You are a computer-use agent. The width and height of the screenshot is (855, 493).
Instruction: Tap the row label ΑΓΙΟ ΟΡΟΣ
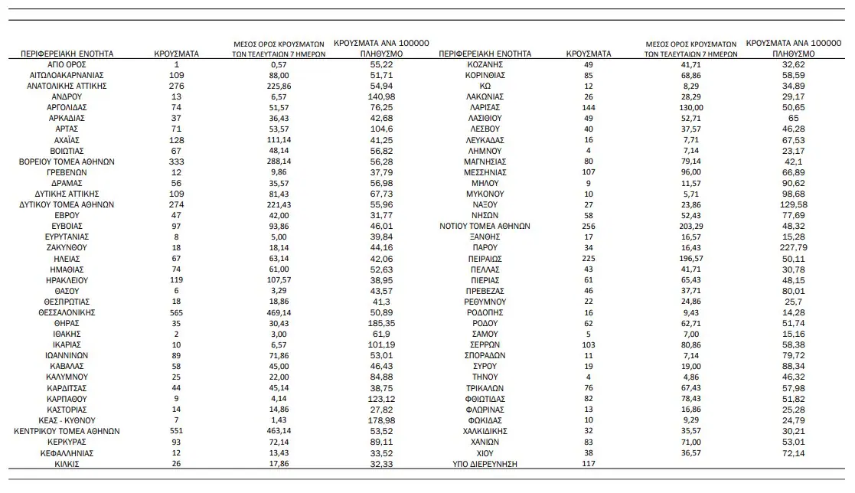(67, 65)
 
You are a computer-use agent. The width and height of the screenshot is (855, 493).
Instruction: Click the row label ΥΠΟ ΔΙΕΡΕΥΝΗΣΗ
(485, 463)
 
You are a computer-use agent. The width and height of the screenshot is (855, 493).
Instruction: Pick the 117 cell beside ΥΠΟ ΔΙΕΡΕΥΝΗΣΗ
(588, 463)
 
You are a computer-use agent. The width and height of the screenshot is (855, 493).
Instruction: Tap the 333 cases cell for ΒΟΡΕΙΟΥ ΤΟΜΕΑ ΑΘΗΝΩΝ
(177, 162)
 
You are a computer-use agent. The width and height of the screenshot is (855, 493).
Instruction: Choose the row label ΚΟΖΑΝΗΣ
(485, 65)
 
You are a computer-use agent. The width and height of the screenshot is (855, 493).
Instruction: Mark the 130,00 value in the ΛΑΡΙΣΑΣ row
(690, 108)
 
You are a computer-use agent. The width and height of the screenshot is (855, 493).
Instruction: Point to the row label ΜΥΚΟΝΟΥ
(485, 194)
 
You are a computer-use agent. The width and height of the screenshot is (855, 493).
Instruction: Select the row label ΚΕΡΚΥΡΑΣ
(67, 442)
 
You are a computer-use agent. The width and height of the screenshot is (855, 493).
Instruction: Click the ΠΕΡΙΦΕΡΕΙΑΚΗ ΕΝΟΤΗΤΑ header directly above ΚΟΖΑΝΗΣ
(485, 54)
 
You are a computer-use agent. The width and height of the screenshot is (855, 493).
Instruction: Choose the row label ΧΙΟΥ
(485, 452)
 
